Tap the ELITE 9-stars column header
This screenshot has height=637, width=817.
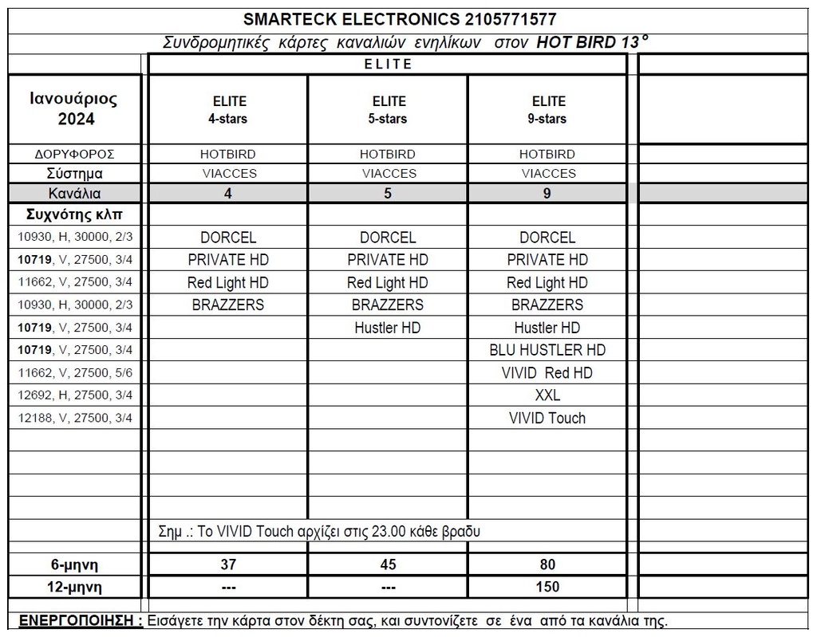pyautogui.click(x=548, y=110)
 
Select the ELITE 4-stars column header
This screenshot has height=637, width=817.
pyautogui.click(x=229, y=110)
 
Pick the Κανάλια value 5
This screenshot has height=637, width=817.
pyautogui.click(x=388, y=193)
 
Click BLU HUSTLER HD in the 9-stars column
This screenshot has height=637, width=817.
pyautogui.click(x=547, y=350)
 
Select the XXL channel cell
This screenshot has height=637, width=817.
pyautogui.click(x=547, y=395)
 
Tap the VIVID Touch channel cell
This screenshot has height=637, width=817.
pyautogui.click(x=547, y=418)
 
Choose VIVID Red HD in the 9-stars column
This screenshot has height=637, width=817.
pyautogui.click(x=547, y=373)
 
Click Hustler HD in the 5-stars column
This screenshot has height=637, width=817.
pyautogui.click(x=388, y=328)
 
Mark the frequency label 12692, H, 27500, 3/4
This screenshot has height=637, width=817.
pyautogui.click(x=74, y=395)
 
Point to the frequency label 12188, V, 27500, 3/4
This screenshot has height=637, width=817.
pyautogui.click(x=74, y=418)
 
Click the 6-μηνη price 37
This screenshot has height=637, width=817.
pyautogui.click(x=228, y=564)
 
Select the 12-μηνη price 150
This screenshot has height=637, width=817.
pyautogui.click(x=547, y=587)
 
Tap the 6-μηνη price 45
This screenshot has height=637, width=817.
pyautogui.click(x=388, y=564)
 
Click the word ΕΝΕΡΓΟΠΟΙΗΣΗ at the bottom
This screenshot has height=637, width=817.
pyautogui.click(x=81, y=621)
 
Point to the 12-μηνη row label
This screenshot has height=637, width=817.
pyautogui.click(x=74, y=587)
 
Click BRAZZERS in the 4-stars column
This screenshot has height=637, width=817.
pyautogui.click(x=228, y=305)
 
